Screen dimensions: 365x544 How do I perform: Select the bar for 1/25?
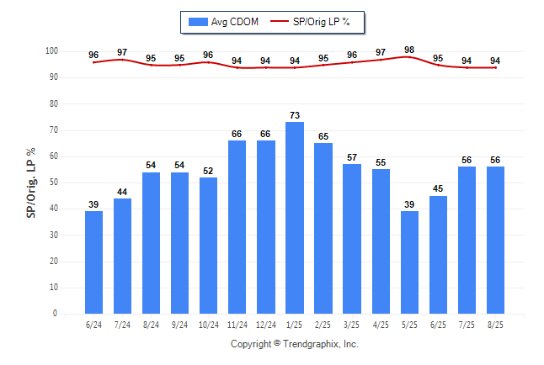click(295, 218)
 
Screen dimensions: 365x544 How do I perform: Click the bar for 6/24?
click(93, 262)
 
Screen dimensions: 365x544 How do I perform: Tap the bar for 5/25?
click(409, 262)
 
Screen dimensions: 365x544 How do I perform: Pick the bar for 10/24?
click(208, 246)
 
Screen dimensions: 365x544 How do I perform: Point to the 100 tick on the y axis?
click(51, 51)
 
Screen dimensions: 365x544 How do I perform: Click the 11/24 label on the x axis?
click(237, 325)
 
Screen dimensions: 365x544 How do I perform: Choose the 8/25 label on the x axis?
click(495, 325)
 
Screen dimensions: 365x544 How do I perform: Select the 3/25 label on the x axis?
click(352, 325)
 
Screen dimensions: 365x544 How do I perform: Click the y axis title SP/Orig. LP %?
click(31, 182)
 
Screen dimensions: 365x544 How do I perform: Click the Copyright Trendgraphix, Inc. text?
click(295, 344)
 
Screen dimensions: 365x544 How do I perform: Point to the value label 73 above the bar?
click(295, 115)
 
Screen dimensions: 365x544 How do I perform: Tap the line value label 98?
click(409, 50)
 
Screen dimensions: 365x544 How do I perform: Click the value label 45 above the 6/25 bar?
click(438, 188)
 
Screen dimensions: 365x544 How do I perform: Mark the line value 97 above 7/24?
click(122, 53)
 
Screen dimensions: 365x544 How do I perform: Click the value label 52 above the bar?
click(208, 171)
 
